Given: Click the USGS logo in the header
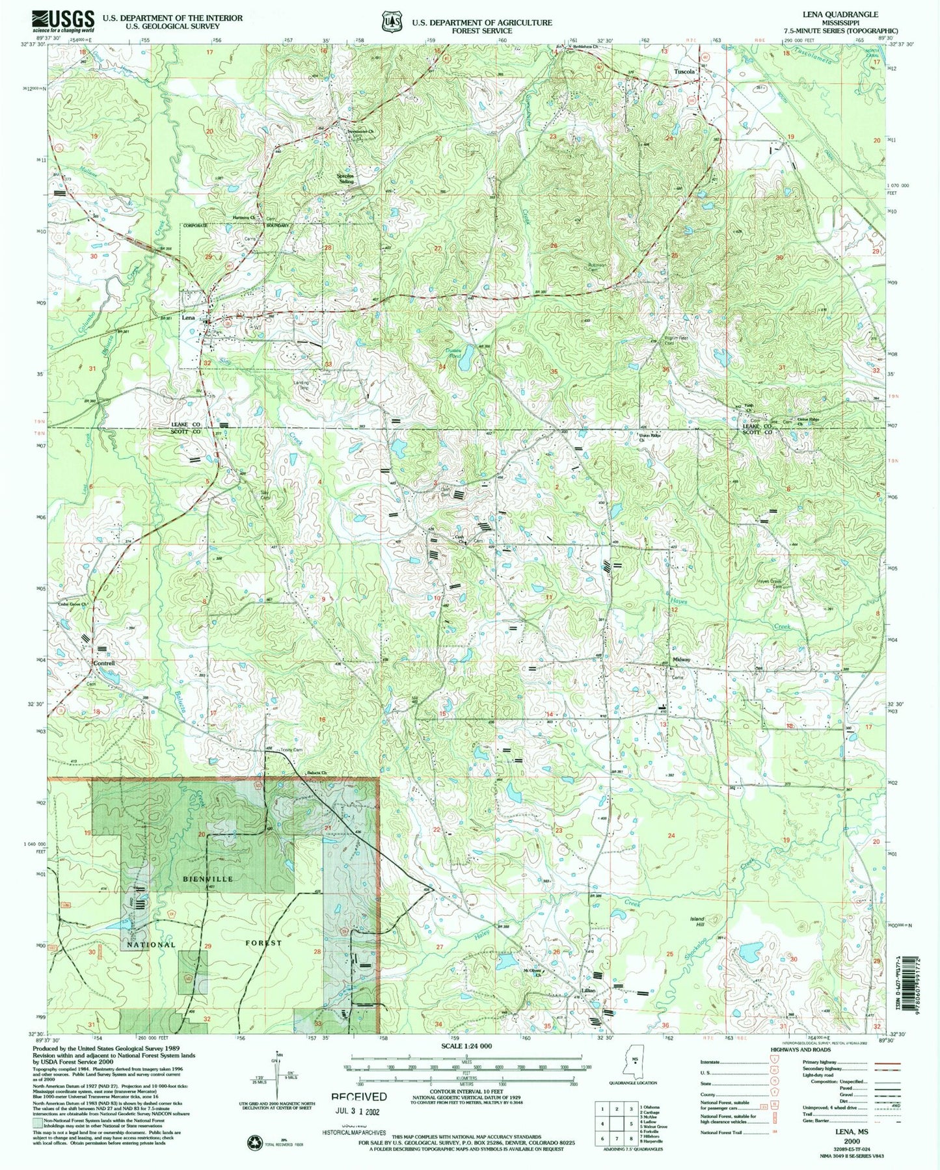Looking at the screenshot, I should pos(62,21).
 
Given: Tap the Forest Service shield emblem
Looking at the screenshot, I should pos(390,22).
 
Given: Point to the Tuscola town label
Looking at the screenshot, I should pos(684,72).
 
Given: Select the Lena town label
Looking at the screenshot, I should pos(188,318).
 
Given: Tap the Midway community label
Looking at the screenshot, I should pos(681,659).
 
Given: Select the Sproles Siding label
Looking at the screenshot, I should pos(345,178).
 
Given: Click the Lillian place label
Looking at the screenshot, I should pos(588,991).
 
